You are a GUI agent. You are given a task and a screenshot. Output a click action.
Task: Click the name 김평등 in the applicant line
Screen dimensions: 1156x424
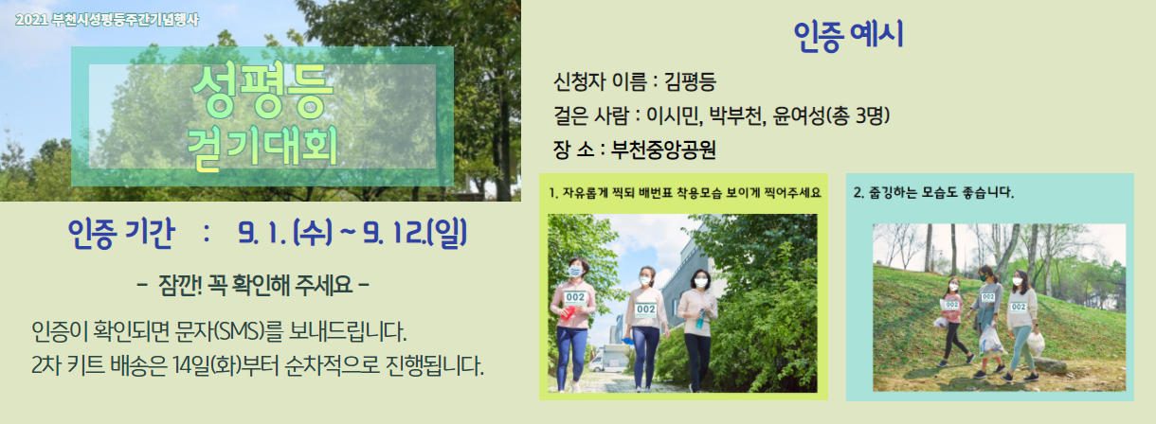(690, 81)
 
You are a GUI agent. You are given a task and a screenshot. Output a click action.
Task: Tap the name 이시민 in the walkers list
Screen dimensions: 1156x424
(674, 115)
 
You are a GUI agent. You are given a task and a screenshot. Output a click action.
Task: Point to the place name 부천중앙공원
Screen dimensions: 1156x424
(663, 150)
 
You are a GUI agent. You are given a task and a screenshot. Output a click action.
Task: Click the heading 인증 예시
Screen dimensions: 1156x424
(848, 35)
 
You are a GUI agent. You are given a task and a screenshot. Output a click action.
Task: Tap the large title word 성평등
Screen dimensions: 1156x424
(262, 92)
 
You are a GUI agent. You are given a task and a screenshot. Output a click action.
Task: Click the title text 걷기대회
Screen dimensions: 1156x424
(262, 148)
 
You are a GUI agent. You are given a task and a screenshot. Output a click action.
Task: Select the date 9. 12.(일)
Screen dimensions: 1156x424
(415, 233)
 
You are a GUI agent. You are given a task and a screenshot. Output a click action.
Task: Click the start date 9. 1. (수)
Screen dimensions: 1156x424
(285, 233)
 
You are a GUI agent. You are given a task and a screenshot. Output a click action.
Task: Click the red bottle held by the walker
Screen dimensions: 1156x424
(568, 312)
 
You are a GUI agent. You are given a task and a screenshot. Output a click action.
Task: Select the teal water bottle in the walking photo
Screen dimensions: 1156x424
(700, 319)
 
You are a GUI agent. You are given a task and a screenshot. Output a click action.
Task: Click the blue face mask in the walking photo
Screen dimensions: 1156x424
(575, 272)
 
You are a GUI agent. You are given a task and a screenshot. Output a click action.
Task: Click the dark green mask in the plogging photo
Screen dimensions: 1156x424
(984, 277)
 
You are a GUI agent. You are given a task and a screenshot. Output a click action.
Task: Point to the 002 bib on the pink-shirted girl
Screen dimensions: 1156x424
(951, 305)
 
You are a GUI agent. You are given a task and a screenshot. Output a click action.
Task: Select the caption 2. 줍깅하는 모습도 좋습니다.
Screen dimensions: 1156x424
(933, 193)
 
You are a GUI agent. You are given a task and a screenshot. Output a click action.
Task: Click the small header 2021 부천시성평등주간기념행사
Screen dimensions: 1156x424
(107, 20)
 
